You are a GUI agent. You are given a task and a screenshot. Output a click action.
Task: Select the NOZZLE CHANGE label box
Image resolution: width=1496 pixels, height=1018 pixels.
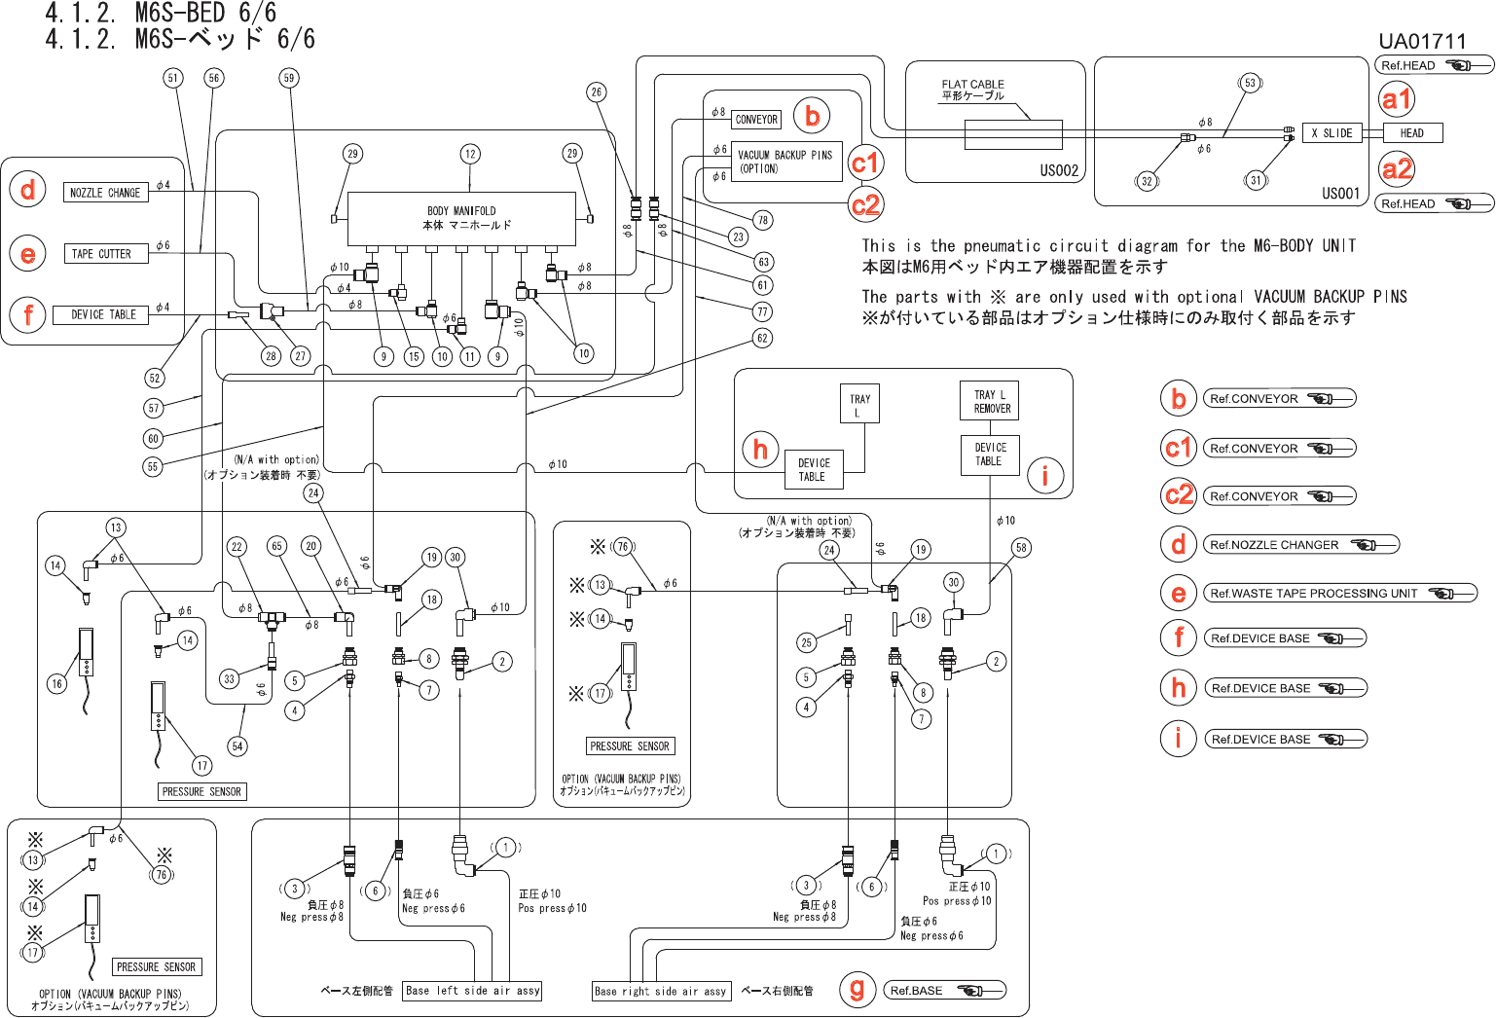(105, 193)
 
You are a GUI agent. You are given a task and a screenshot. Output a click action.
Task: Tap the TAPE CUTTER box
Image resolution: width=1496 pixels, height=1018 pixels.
(106, 254)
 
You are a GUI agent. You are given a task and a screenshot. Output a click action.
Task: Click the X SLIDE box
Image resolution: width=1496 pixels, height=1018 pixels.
(1331, 133)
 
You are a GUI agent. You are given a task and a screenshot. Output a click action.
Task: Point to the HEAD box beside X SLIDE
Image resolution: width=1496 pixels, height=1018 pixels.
(1411, 133)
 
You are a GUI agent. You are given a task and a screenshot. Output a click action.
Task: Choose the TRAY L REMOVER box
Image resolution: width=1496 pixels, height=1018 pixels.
(991, 401)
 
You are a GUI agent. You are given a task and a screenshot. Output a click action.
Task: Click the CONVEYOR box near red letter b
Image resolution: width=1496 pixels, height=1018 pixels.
(756, 120)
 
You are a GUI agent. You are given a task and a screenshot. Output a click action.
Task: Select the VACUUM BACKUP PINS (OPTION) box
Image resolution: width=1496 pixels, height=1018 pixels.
(784, 162)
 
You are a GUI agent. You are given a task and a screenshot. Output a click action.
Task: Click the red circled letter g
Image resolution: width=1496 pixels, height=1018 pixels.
(857, 990)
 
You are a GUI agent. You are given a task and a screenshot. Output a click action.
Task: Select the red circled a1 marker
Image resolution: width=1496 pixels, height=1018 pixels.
(1396, 99)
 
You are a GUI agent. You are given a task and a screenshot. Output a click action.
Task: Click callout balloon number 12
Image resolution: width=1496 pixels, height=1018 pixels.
(470, 154)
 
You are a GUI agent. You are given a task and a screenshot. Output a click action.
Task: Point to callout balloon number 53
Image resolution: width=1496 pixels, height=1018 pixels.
(1250, 84)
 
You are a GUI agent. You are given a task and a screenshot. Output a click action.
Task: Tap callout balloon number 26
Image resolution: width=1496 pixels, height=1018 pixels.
(597, 92)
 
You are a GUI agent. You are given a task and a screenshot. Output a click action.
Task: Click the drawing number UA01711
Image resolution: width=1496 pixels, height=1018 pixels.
(1421, 41)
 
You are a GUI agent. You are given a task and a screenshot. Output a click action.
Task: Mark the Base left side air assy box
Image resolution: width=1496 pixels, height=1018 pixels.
(472, 991)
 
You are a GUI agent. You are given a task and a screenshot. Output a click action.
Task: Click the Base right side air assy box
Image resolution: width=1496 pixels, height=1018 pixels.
(661, 991)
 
